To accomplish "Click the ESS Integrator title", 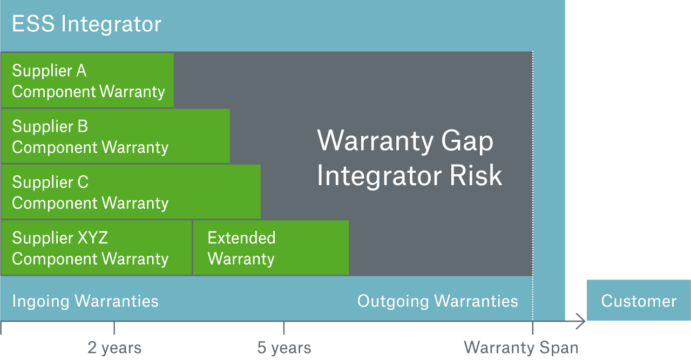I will (x=86, y=24).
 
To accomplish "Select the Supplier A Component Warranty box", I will (x=87, y=80).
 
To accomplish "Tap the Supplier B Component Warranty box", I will (x=115, y=136).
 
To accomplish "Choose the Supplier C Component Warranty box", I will (x=130, y=192).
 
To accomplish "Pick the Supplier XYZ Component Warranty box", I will (x=96, y=248).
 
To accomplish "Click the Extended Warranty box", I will (x=270, y=248).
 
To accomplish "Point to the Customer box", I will (x=638, y=301).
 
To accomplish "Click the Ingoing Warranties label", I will (x=85, y=301).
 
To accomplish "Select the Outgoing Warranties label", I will (x=437, y=301).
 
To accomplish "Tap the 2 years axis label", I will (x=114, y=348).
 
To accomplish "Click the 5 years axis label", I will (x=284, y=348).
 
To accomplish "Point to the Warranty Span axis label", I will (x=521, y=348).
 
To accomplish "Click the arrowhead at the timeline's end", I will (x=581, y=322).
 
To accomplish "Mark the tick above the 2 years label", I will (x=114, y=328).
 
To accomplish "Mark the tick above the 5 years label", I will (x=284, y=328).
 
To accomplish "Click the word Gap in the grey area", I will (x=468, y=141).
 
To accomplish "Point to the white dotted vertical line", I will (x=533, y=162).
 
